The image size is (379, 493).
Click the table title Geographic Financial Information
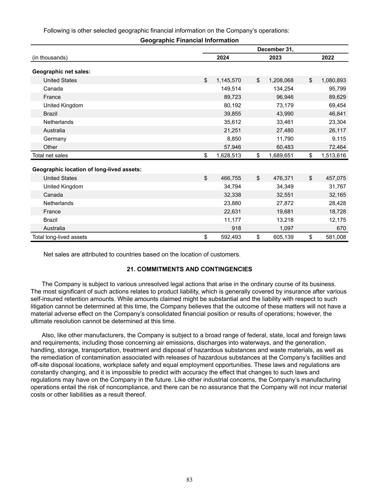point(189,40)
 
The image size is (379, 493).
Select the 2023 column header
point(275,57)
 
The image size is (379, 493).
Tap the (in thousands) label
point(50,57)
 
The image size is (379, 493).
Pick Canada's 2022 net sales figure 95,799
point(336,88)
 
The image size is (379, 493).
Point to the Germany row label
point(55,139)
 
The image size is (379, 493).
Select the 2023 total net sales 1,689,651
point(281,155)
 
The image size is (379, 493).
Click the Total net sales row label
point(50,155)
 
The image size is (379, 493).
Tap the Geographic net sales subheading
point(61,72)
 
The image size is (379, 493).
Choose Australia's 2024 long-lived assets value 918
point(236,228)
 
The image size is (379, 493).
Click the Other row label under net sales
point(50,147)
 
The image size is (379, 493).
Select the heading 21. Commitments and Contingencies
point(189,269)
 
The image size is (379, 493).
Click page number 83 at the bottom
point(189,480)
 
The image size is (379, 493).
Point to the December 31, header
point(275,49)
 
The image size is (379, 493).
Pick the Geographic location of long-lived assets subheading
point(87,169)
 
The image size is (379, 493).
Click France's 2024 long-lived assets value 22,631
point(233,211)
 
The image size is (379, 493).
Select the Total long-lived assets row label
point(60,237)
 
